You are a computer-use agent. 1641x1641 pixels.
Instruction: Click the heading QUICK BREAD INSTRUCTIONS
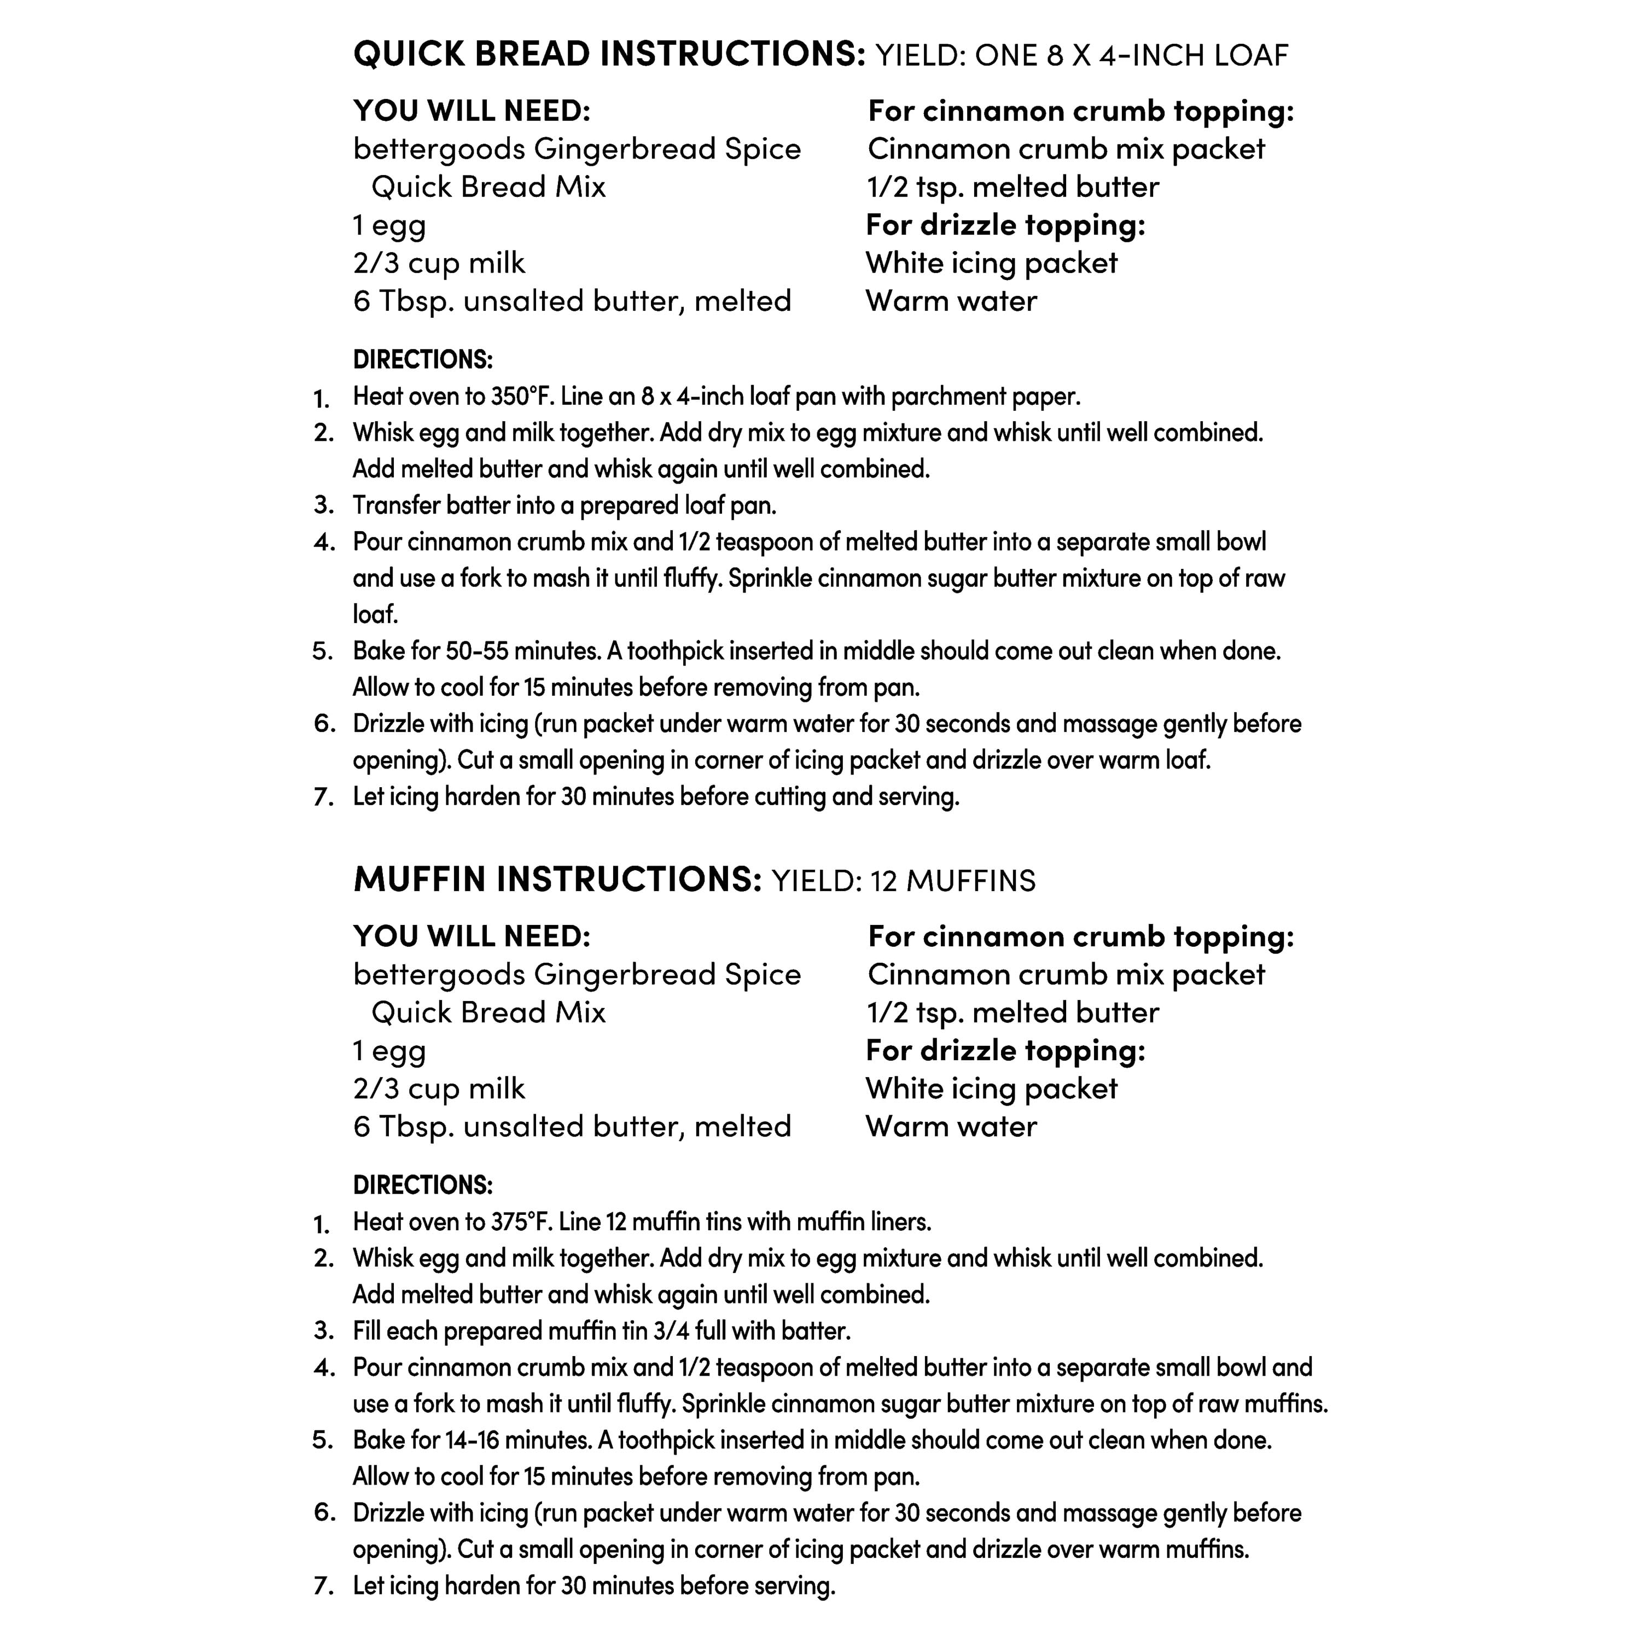tap(608, 54)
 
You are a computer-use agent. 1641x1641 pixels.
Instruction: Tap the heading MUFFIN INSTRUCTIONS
tap(557, 880)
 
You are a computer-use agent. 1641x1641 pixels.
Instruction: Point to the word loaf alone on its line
tap(375, 614)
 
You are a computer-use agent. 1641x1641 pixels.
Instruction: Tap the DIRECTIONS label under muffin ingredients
tap(422, 1185)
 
